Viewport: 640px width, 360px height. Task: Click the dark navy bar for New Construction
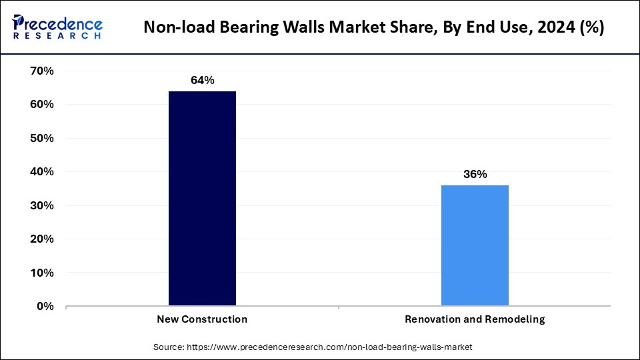(202, 199)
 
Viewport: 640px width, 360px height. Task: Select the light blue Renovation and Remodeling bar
(475, 245)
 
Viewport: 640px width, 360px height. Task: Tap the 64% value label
(202, 81)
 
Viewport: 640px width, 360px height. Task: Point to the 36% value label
(475, 175)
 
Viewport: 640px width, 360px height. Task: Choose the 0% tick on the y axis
(45, 307)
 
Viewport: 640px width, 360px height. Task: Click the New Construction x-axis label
(202, 319)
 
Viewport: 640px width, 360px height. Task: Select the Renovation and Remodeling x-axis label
(475, 319)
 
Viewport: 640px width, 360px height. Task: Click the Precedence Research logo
(57, 27)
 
